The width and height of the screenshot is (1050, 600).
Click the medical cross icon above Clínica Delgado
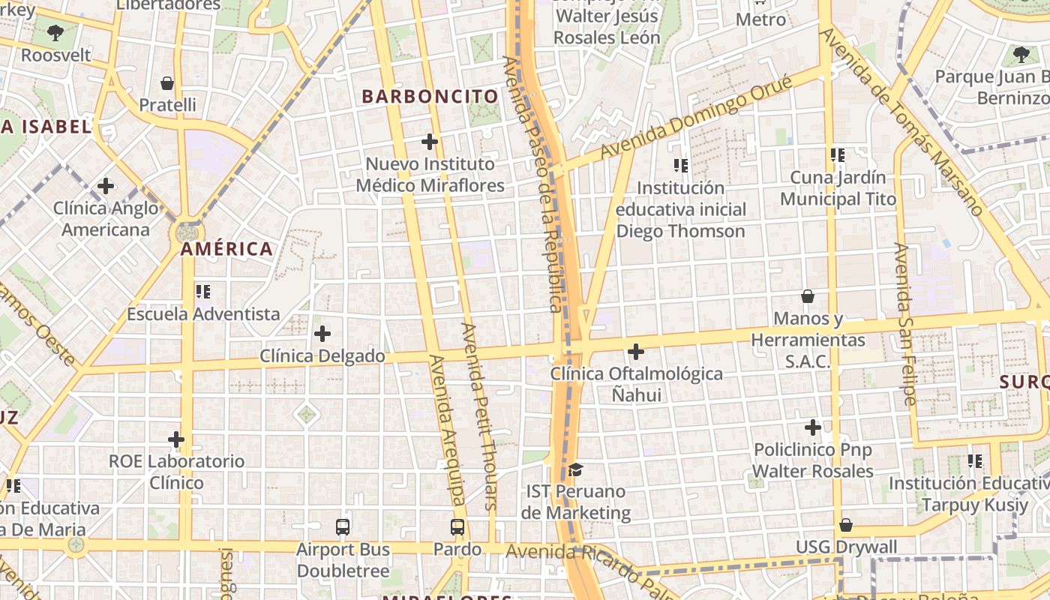(x=322, y=334)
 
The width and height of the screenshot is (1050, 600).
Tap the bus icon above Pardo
(x=457, y=526)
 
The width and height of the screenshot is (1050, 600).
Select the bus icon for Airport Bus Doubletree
(x=343, y=526)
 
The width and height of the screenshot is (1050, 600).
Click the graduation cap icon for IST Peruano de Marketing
(x=575, y=469)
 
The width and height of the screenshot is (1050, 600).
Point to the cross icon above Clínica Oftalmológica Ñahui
(x=636, y=351)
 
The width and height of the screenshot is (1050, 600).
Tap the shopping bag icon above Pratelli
(x=167, y=82)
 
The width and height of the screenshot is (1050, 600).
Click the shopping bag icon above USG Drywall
(x=846, y=525)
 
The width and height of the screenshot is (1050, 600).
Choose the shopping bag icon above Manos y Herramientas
(x=808, y=296)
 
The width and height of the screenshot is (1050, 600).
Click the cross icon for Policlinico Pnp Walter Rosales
(x=813, y=427)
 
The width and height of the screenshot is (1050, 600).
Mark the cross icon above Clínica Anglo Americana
(x=106, y=185)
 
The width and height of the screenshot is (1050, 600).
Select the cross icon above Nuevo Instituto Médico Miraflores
(x=430, y=141)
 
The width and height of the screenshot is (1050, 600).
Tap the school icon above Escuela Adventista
(x=202, y=291)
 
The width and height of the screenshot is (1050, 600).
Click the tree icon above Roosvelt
(x=55, y=32)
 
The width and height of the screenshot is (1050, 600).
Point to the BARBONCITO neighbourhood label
(x=430, y=97)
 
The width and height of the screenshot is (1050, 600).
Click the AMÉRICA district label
(x=226, y=249)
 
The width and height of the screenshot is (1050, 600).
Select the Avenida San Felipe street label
(x=906, y=324)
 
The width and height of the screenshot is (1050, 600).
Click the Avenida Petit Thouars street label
(x=480, y=416)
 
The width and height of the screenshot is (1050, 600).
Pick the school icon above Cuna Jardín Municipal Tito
(x=838, y=155)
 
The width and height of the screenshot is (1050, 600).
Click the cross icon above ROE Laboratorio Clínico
(x=176, y=439)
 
